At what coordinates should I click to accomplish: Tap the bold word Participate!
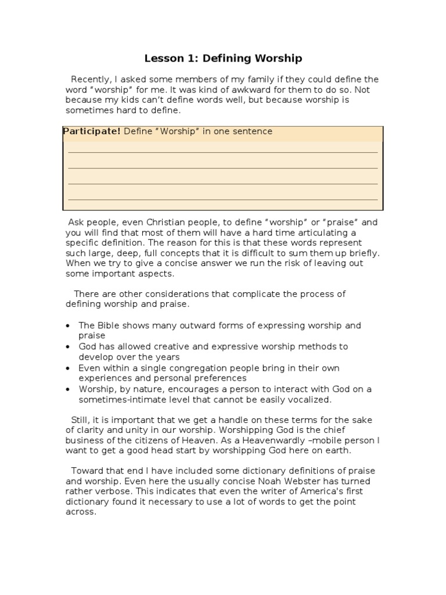tap(92, 131)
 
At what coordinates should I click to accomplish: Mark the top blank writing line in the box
tap(223, 152)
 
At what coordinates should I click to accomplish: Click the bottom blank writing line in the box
tap(223, 199)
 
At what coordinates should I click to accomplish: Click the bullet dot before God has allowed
tap(69, 347)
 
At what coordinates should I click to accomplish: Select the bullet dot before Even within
tap(69, 368)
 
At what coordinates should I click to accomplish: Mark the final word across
tap(81, 511)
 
